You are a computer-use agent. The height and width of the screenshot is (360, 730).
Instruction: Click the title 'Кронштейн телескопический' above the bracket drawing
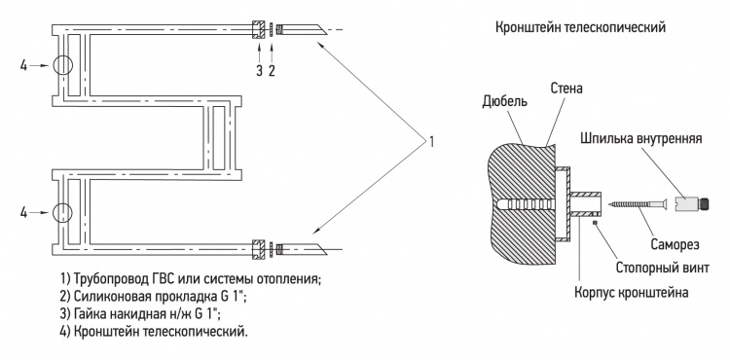tap(580, 28)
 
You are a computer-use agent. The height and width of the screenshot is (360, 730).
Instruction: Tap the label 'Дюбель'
tap(505, 101)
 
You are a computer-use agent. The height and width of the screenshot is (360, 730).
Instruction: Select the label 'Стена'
tap(566, 88)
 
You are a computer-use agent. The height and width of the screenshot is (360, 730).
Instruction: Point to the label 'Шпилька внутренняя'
tap(641, 139)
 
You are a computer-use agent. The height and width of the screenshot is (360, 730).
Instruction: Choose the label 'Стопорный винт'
tap(663, 269)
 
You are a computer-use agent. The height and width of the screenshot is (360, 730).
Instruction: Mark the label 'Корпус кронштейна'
tap(632, 293)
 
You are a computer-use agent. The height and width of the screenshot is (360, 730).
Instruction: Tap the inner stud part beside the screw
tap(692, 203)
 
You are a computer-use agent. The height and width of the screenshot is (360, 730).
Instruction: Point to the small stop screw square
tap(595, 223)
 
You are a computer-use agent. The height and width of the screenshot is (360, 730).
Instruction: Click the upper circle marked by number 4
tap(63, 65)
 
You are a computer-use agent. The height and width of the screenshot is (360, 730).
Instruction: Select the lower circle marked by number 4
tap(63, 212)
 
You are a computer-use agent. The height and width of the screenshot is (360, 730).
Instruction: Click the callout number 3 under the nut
tap(259, 71)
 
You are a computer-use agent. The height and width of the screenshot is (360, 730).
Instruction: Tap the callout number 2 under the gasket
tap(272, 71)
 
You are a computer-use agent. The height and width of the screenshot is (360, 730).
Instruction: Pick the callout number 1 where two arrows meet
tap(431, 141)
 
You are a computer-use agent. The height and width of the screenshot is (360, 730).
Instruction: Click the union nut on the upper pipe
tap(258, 30)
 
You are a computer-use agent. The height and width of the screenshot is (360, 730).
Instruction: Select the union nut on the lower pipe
tap(258, 249)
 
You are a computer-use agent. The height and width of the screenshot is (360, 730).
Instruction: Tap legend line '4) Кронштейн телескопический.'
tap(154, 332)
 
